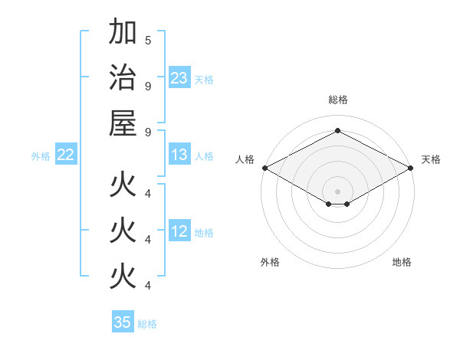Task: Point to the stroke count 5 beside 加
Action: (148, 40)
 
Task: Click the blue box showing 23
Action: (179, 78)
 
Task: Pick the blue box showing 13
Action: (179, 155)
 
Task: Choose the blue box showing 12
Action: (179, 231)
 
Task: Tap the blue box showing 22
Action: (66, 155)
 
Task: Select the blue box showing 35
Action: (123, 322)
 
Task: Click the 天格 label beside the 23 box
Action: (204, 79)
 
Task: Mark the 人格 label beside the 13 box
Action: (204, 155)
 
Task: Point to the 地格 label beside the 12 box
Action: (204, 232)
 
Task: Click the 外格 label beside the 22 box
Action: (41, 155)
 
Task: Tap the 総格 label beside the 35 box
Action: (147, 323)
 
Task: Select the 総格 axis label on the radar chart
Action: (337, 100)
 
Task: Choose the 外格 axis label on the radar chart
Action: (270, 262)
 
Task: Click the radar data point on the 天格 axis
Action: (412, 168)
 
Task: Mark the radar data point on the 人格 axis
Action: (264, 168)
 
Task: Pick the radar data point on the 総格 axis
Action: (337, 131)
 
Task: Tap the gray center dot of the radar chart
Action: (337, 190)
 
